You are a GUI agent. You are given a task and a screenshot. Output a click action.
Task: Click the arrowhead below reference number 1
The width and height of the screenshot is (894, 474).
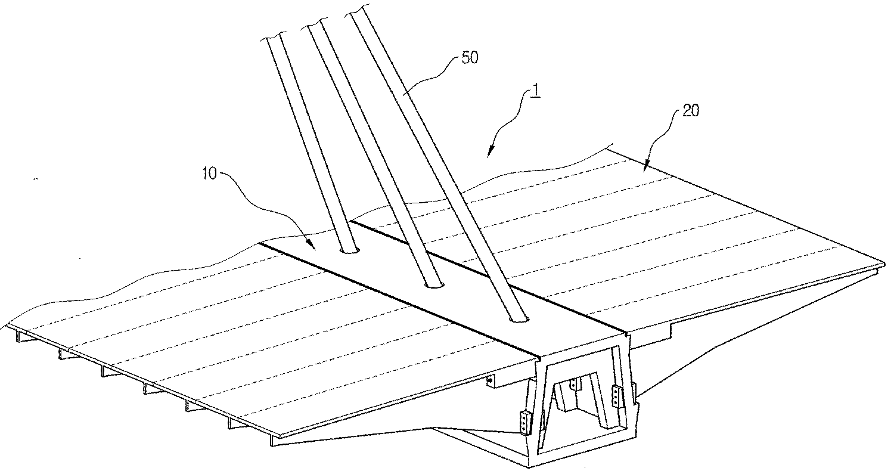point(490,154)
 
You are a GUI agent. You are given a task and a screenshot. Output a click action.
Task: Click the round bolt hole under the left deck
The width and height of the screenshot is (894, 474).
point(490,380)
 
